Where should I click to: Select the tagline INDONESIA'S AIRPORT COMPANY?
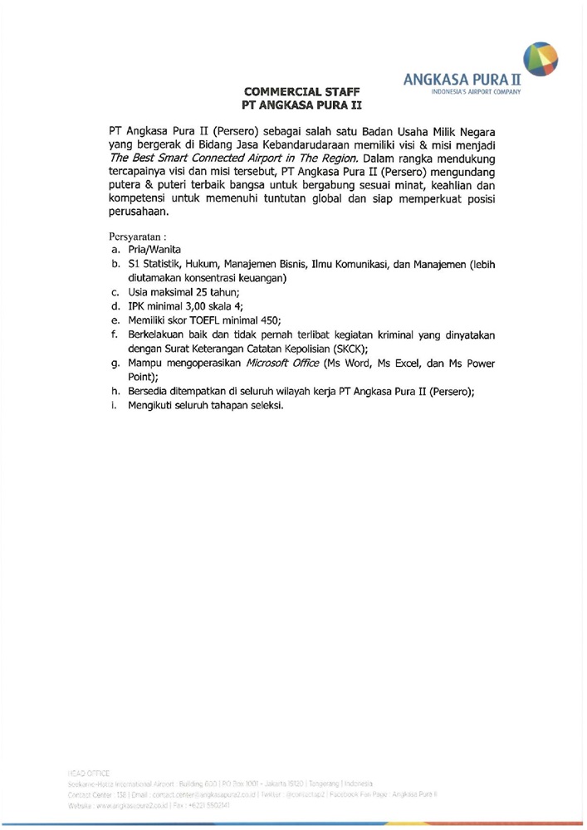471,95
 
